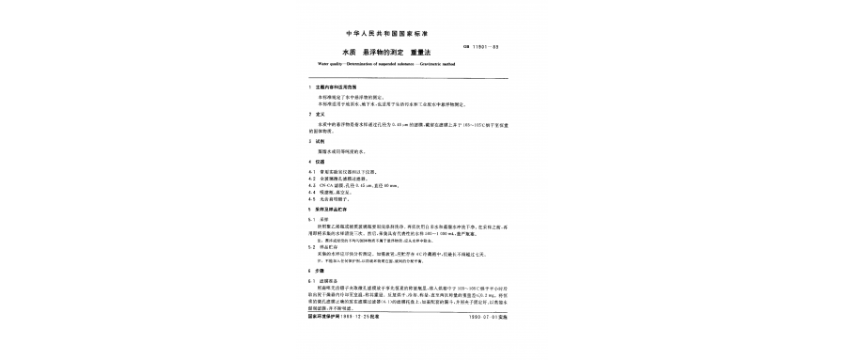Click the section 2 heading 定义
321,114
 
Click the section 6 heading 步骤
321,271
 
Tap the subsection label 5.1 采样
321,220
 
